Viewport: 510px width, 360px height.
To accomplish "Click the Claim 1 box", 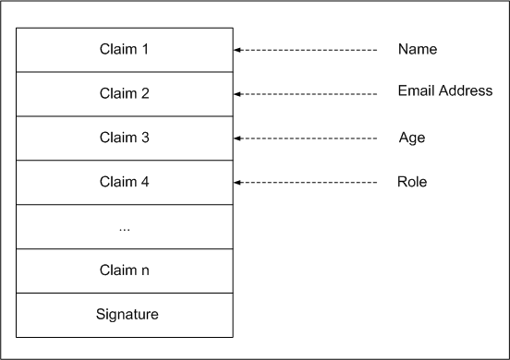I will coord(125,49).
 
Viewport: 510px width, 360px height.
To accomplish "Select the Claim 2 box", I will coord(125,93).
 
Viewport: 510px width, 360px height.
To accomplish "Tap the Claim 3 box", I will coord(125,138).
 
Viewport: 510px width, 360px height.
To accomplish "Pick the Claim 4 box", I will coord(125,182).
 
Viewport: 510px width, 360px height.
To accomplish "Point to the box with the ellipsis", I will coord(125,226).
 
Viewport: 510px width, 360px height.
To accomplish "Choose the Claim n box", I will coord(125,270).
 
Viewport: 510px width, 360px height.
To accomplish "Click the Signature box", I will coord(125,315).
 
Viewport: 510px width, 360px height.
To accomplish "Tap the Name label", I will coord(418,49).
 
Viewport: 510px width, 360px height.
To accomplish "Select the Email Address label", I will coord(445,90).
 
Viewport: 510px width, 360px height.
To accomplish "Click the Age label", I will coord(411,138).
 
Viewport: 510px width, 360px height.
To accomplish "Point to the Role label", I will coord(412,182).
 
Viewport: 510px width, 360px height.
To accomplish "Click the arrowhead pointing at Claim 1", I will coord(238,50).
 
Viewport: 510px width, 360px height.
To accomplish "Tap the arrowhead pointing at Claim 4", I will coord(238,182).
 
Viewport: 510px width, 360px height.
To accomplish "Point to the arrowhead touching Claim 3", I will coord(238,138).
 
